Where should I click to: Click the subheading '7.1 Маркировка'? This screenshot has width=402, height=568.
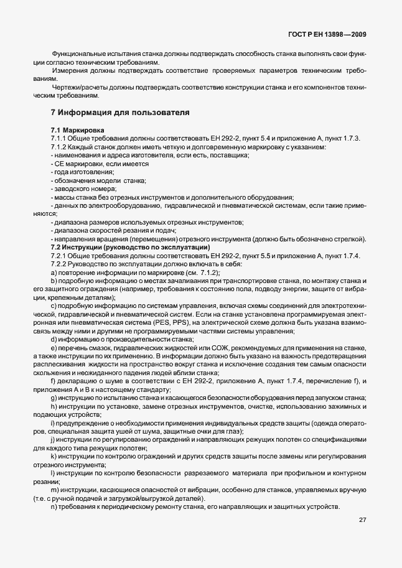click(78, 129)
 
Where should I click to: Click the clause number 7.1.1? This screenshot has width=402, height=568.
click(59, 137)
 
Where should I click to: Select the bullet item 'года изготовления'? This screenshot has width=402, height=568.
click(76, 172)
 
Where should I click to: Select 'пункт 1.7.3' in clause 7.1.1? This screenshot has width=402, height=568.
click(342, 137)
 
